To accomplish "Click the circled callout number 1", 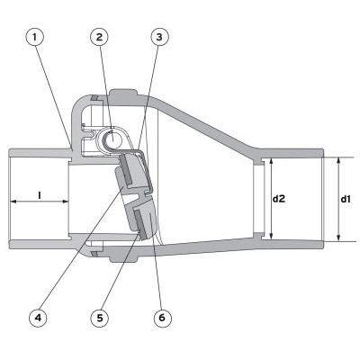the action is (35, 37).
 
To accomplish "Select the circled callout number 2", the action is (99, 37).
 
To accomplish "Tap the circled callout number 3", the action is (159, 37).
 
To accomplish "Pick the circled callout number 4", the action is (38, 318).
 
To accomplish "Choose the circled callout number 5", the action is (100, 318).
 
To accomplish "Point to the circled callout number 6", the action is (162, 318).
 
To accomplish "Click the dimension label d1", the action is (346, 199).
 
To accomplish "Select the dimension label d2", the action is (279, 199).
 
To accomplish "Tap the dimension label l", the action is (40, 195).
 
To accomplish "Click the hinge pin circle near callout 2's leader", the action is (112, 139).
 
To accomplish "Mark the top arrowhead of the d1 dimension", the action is (338, 161).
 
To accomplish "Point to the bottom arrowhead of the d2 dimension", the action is (271, 236).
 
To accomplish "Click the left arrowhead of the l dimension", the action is (13, 202).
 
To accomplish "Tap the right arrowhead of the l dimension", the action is (65, 202).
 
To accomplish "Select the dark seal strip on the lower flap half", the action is (140, 224).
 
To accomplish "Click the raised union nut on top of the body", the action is (122, 93).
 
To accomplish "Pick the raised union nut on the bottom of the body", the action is (123, 258).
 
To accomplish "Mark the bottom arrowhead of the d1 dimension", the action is (338, 238).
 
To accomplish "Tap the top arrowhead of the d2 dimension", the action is (271, 163).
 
